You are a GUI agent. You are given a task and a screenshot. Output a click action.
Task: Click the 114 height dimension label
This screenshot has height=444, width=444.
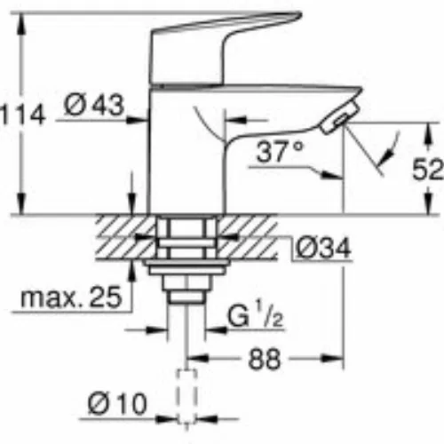tap(22, 115)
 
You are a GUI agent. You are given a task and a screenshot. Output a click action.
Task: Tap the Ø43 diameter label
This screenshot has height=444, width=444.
tap(93, 105)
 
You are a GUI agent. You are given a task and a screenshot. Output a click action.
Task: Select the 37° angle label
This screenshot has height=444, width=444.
tap(280, 151)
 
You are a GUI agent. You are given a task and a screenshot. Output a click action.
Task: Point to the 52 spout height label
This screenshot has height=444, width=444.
tap(428, 169)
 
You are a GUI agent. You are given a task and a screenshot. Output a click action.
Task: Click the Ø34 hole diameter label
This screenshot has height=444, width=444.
tap(323, 248)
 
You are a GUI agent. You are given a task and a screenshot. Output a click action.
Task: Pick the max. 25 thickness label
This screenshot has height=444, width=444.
tap(71, 297)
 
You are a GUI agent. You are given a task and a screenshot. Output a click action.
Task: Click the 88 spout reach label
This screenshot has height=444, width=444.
tap(264, 360)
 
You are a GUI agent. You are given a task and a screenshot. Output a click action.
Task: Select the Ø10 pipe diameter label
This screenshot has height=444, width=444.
tap(117, 404)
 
